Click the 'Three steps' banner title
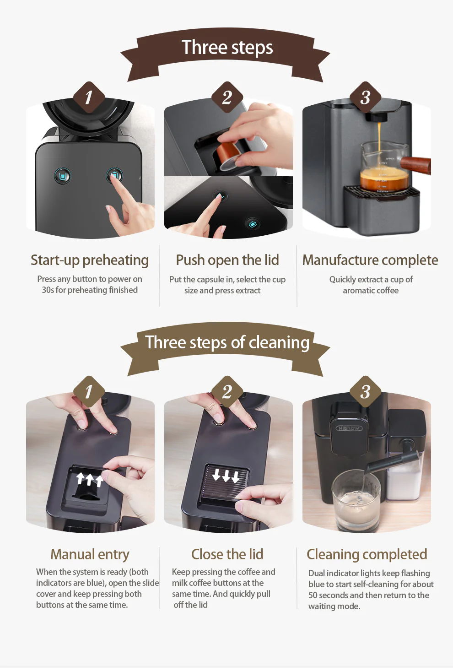coord(227,48)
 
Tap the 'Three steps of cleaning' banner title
coord(227,342)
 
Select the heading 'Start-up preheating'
coord(90,260)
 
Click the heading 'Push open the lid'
coord(227,260)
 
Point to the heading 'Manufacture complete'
coord(370,260)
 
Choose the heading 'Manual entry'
coord(90,554)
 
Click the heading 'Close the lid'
coord(227,554)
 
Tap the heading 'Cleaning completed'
coord(367,554)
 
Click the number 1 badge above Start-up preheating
coord(89,97)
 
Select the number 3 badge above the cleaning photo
coord(365,392)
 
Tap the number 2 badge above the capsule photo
coord(227,97)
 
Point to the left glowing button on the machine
coord(63,176)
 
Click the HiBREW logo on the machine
coord(349,428)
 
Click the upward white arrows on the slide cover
coord(89,479)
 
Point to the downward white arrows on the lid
coord(226,476)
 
